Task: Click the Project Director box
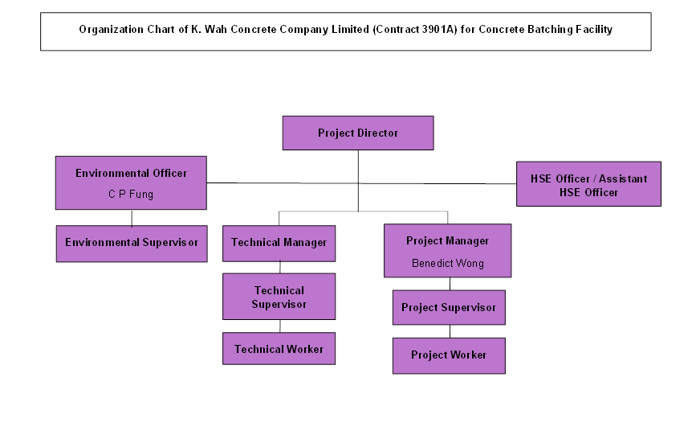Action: pyautogui.click(x=357, y=133)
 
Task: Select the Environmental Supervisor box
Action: pyautogui.click(x=132, y=243)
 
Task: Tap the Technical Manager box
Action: pyautogui.click(x=279, y=243)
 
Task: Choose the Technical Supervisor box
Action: pyautogui.click(x=279, y=297)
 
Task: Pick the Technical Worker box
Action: pyautogui.click(x=279, y=349)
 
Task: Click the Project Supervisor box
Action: pyautogui.click(x=449, y=308)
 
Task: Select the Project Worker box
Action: pyautogui.click(x=449, y=355)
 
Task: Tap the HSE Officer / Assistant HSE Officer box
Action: pyautogui.click(x=588, y=185)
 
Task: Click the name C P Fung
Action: pyautogui.click(x=131, y=194)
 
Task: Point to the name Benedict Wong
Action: pyautogui.click(x=447, y=263)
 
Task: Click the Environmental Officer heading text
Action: pyautogui.click(x=131, y=173)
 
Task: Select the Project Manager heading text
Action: pyautogui.click(x=447, y=240)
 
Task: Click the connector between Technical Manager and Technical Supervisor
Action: pyautogui.click(x=279, y=267)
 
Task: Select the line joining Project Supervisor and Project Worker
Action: pyautogui.click(x=450, y=331)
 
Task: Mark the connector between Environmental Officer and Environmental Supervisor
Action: pyautogui.click(x=132, y=218)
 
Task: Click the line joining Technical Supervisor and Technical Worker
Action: pyautogui.click(x=279, y=326)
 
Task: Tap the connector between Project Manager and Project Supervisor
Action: pyautogui.click(x=450, y=283)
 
